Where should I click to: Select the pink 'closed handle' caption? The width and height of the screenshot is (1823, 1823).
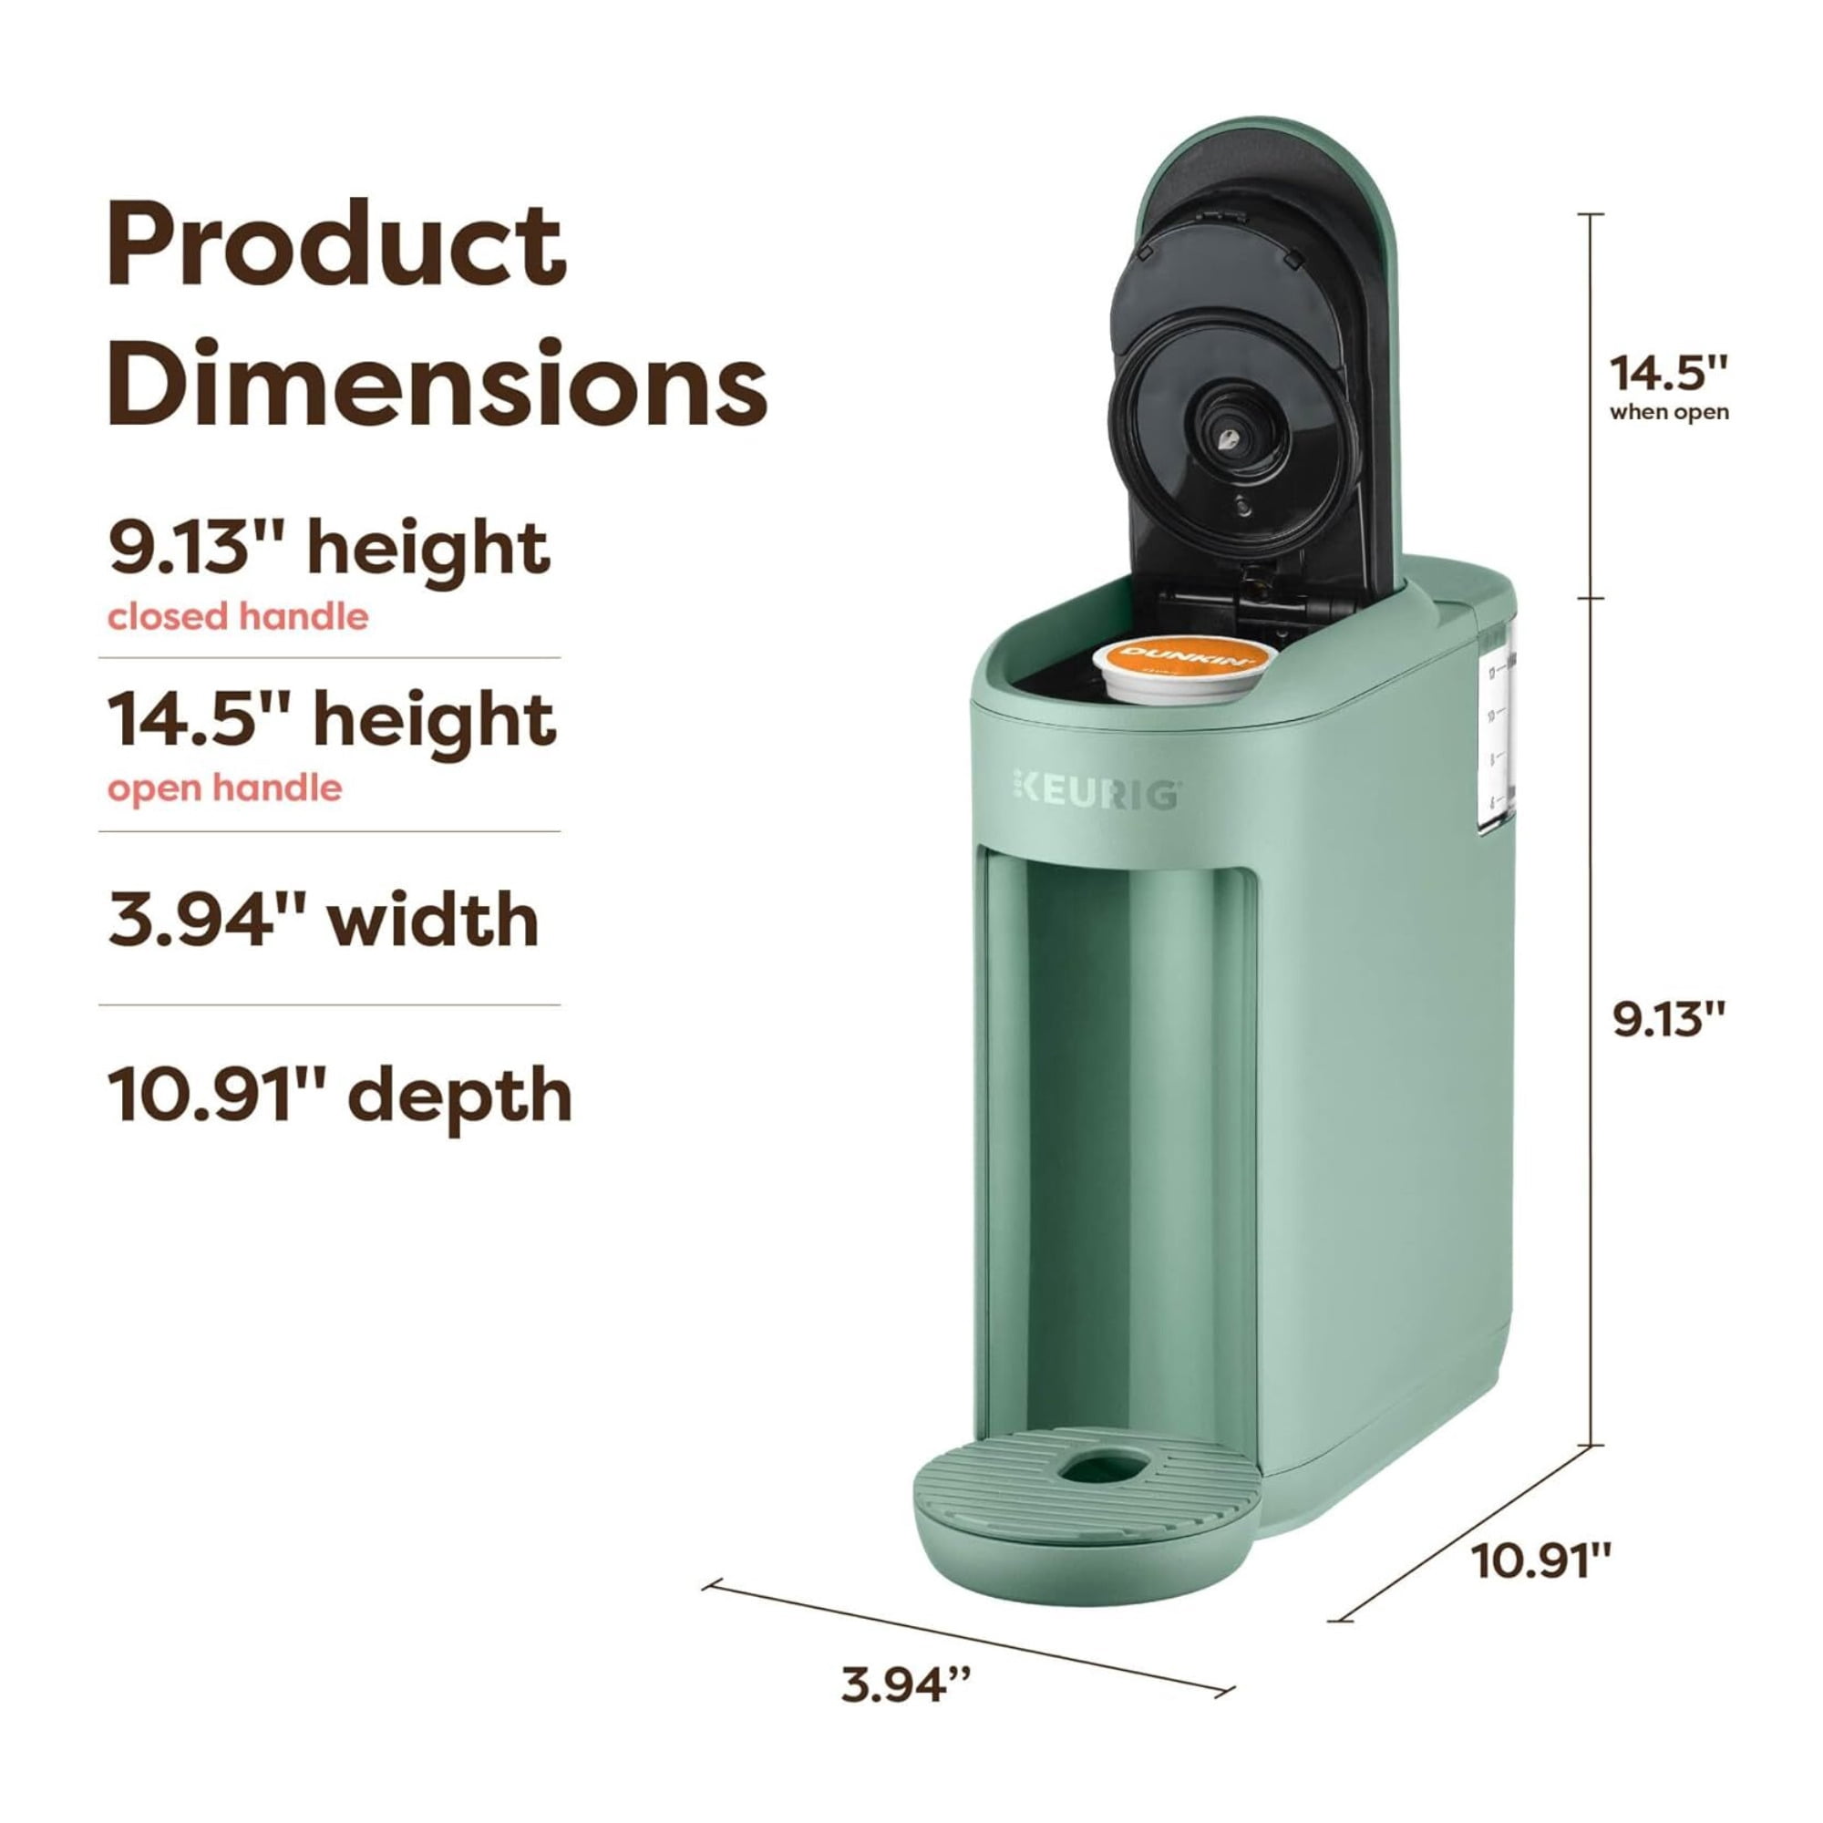238,617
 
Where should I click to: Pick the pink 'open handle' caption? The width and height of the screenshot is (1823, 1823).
224,788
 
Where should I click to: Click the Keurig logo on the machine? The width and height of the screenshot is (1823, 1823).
1096,794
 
